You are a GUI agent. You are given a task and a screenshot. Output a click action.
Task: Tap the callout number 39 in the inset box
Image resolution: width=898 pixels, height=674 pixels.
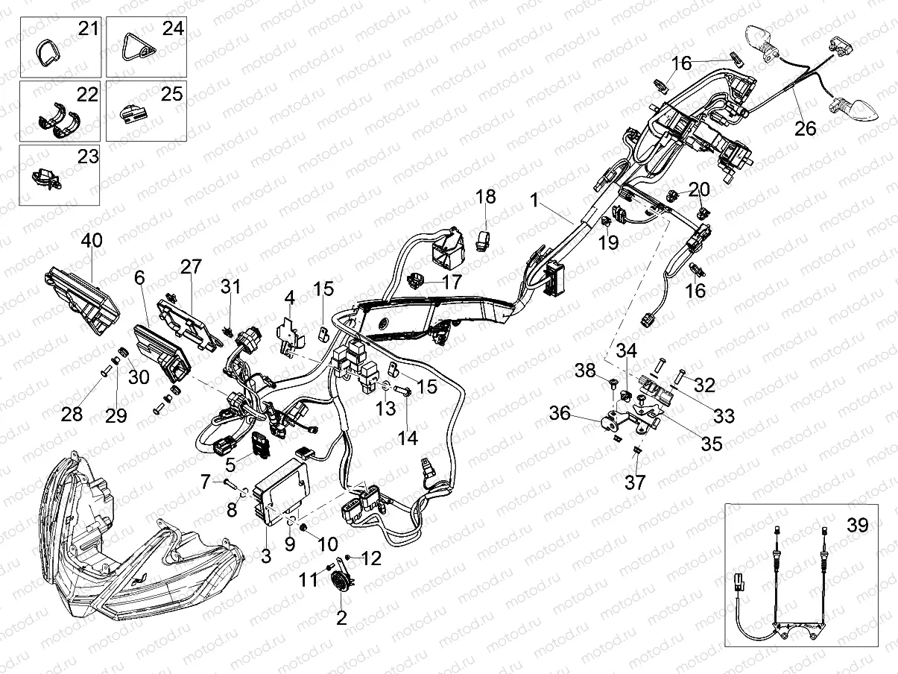coord(857,524)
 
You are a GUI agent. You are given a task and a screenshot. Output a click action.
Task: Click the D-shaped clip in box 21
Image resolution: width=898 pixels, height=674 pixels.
coord(50,53)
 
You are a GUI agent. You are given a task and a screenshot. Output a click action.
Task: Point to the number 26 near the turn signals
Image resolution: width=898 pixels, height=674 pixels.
coord(805,127)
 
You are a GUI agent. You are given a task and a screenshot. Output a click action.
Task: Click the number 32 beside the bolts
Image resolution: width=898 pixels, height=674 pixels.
coord(703,385)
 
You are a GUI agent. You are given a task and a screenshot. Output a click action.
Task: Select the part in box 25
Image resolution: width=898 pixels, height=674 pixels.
coord(133,113)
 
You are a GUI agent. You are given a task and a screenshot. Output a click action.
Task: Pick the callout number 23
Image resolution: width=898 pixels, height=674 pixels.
coord(87,157)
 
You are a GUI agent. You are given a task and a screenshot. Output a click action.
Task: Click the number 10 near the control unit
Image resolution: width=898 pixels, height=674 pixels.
coord(327,544)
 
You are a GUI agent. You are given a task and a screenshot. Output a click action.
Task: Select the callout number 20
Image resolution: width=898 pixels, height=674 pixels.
coord(698,189)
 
